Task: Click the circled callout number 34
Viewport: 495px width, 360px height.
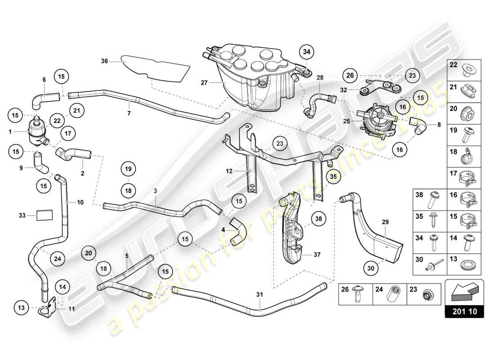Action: click(x=306, y=53)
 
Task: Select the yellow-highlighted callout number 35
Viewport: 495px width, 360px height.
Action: click(x=332, y=177)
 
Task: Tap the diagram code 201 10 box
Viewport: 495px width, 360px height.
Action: click(x=464, y=311)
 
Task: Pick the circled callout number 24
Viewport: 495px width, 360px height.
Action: click(x=58, y=258)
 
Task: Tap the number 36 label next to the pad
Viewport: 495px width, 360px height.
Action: click(x=104, y=62)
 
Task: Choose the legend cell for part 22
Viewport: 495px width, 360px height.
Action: click(x=464, y=70)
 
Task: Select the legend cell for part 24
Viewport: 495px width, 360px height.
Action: click(x=390, y=294)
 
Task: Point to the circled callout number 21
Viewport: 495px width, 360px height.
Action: click(x=76, y=110)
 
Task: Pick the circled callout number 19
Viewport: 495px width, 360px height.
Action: click(x=128, y=170)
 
